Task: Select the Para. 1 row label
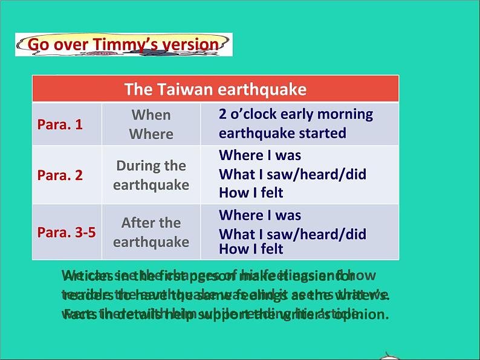pos(60,124)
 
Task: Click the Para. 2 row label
pos(60,176)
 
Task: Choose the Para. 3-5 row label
pos(66,233)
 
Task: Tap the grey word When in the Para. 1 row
pos(151,115)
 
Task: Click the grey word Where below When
pos(151,134)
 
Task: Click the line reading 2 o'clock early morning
pos(296,114)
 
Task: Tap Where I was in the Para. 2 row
pos(260,155)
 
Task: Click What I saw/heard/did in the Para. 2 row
pos(293,175)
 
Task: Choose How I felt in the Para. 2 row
pos(251,193)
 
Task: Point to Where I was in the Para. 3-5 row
pos(260,216)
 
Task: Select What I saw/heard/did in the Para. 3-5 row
pos(293,234)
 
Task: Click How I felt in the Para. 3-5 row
pos(251,249)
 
